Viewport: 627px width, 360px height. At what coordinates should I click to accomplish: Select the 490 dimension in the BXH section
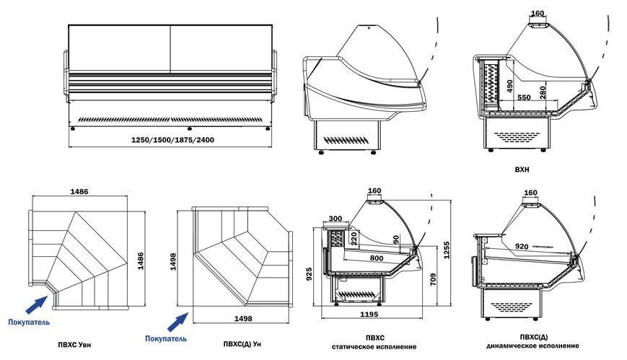[509, 86]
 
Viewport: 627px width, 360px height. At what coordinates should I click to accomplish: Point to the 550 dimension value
[524, 97]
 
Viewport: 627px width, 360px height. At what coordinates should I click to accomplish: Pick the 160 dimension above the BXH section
[537, 13]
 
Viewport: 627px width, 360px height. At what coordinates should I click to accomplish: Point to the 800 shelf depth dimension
[375, 257]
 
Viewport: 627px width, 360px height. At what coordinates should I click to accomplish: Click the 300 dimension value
[335, 219]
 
